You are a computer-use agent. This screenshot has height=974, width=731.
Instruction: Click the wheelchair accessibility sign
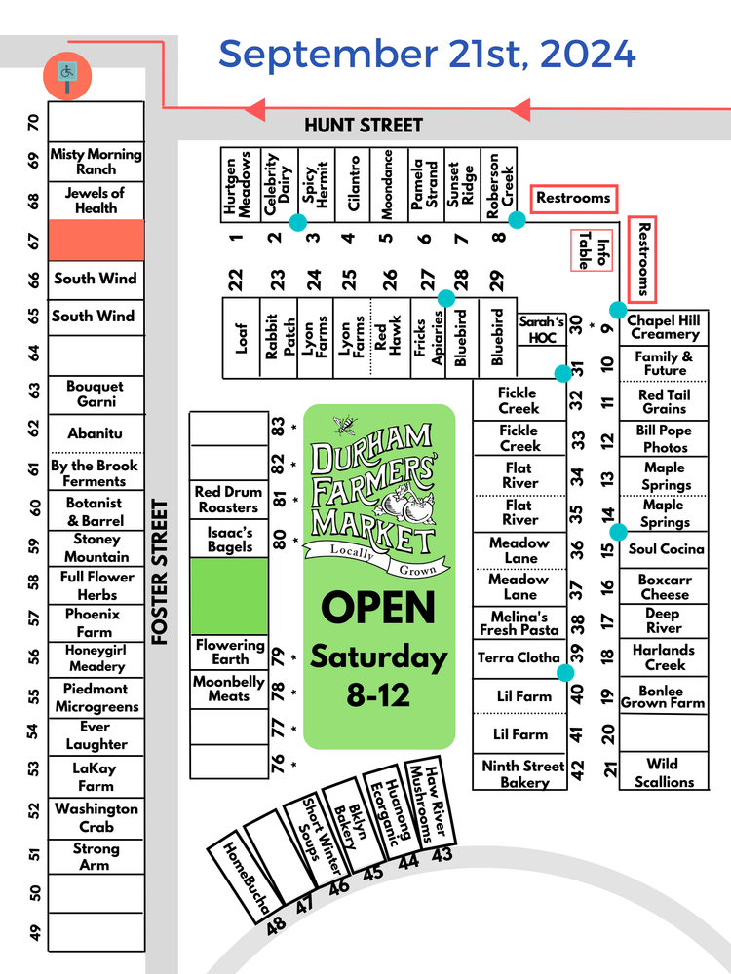(x=67, y=71)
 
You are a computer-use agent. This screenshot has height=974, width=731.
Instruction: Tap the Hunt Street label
(x=364, y=125)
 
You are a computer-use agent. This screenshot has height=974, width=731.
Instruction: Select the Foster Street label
(x=161, y=573)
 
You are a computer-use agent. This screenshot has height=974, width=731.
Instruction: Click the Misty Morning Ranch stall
(x=96, y=161)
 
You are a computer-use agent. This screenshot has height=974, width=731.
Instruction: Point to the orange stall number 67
(x=96, y=240)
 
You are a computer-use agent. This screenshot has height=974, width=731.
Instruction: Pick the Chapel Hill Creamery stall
(x=664, y=327)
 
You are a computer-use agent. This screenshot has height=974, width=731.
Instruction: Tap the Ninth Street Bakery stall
(x=521, y=773)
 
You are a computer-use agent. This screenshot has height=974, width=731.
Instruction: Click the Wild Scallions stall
(x=664, y=772)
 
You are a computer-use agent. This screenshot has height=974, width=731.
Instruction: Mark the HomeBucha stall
(x=235, y=871)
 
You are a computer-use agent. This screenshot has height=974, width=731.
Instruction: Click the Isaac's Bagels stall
(x=229, y=539)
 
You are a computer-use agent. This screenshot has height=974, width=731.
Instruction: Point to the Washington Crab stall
(x=96, y=817)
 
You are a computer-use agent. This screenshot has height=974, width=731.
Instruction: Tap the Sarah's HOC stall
(x=541, y=329)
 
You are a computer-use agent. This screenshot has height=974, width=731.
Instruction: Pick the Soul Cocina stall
(x=666, y=549)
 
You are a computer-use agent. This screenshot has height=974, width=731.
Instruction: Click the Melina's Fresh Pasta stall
(x=519, y=622)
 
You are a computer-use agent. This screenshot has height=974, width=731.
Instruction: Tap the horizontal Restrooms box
(x=573, y=198)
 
